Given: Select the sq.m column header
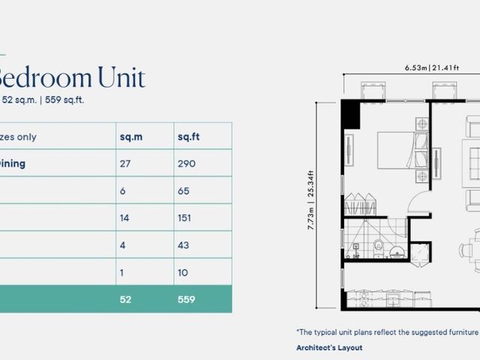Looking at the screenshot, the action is point(131,136).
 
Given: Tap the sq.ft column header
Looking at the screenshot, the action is point(188,136).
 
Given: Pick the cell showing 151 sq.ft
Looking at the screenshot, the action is point(184,218).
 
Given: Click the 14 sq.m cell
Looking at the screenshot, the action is point(124,218).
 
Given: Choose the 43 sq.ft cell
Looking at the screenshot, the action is point(183,245).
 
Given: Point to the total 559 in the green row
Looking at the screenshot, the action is point(187,299).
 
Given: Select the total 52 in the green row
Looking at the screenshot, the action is point(125,299).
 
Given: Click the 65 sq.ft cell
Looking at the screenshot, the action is point(183,190).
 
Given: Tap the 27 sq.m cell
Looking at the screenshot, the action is point(125,163).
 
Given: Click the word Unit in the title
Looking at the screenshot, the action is point(121,77).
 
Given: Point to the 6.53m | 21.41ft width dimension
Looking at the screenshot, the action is point(432,67).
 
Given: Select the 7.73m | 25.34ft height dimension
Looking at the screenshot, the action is point(310,200).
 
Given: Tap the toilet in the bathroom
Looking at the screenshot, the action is point(378,248).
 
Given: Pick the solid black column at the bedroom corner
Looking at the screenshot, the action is point(350,114).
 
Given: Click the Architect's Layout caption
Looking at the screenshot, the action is point(329,348).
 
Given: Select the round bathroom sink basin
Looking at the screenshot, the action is point(397,252).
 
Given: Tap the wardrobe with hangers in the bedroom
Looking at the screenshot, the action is point(360,204).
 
